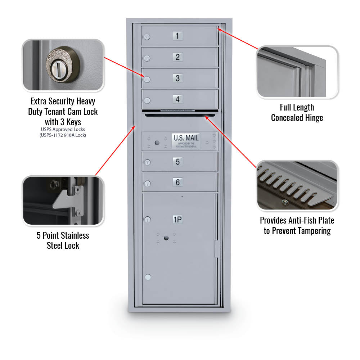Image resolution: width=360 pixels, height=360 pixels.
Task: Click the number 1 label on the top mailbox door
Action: click(x=177, y=36)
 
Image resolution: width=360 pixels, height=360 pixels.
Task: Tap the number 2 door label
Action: click(x=177, y=57)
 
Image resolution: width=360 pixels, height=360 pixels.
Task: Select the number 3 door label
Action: click(x=177, y=78)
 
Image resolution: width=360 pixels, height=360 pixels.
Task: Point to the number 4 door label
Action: click(x=177, y=99)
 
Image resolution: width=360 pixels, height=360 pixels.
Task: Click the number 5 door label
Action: click(x=177, y=162)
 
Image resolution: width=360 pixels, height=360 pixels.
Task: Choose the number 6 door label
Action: click(x=177, y=183)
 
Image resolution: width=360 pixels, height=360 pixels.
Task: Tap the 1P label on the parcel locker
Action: click(x=177, y=220)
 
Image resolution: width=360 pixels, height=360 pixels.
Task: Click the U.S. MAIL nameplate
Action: click(x=186, y=140)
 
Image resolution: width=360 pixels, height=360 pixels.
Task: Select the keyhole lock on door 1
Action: click(x=147, y=37)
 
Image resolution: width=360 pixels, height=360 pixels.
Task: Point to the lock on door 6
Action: click(x=147, y=184)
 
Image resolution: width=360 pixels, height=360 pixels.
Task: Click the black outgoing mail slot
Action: click(x=180, y=115)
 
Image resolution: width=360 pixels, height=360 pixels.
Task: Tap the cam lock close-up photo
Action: click(x=63, y=65)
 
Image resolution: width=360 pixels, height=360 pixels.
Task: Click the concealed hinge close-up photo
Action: click(x=297, y=72)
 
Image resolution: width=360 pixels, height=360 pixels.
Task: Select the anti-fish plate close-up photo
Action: click(x=297, y=185)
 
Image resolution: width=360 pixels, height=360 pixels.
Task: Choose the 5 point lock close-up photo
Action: click(x=63, y=201)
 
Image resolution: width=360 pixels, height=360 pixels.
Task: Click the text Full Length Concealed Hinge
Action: click(x=297, y=113)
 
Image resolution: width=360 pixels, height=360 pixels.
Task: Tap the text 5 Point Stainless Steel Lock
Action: click(x=63, y=240)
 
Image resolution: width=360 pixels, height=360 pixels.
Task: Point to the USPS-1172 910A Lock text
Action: click(x=63, y=135)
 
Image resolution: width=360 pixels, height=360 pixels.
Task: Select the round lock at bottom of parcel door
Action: click(x=147, y=277)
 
